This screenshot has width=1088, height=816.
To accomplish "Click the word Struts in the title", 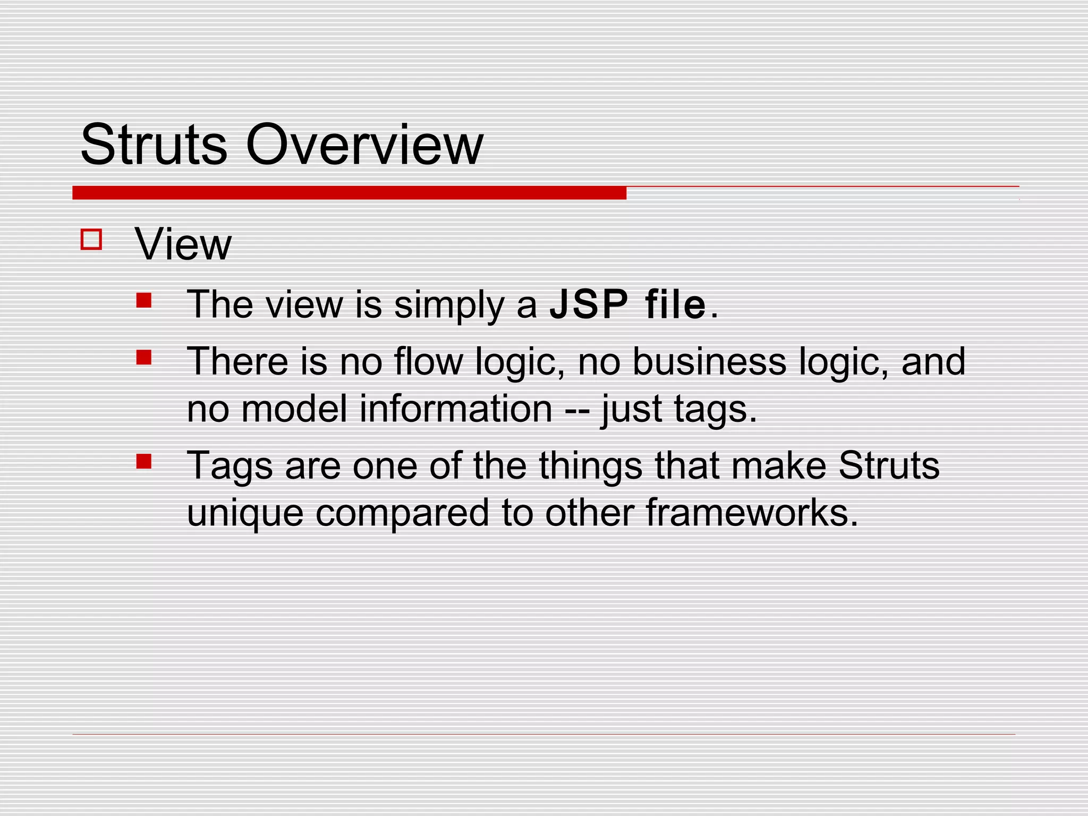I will click(154, 144).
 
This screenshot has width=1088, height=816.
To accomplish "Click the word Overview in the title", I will click(364, 144).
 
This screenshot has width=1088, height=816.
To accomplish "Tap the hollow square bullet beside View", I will click(91, 239).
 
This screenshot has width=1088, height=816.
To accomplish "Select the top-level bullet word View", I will click(183, 244).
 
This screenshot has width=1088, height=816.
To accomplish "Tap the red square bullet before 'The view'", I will click(144, 301).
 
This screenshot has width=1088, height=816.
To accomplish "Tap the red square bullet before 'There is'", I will click(144, 357).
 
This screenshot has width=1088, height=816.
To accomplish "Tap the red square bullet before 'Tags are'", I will click(144, 461).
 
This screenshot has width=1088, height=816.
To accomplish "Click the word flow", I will click(429, 361).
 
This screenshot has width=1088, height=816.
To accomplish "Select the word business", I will click(709, 361).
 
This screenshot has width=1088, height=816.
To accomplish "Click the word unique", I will click(245, 514).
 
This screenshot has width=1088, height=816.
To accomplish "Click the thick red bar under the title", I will click(349, 193).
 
